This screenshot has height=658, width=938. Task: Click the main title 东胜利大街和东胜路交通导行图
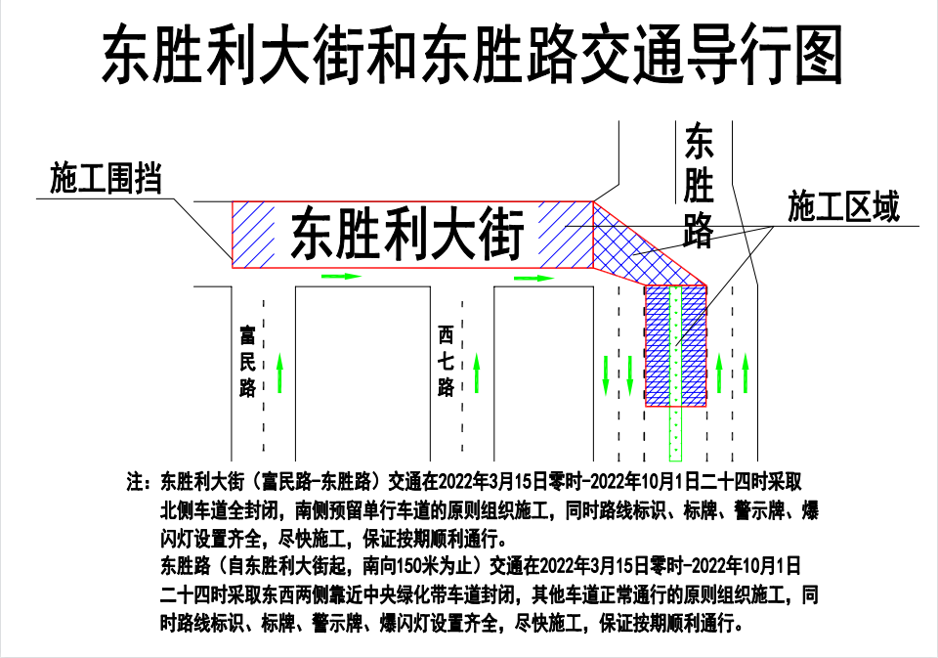[x=473, y=54]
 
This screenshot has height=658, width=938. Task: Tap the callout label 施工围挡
[x=106, y=178]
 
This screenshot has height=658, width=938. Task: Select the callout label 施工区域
[x=843, y=206]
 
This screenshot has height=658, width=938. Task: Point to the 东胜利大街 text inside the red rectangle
[x=406, y=234]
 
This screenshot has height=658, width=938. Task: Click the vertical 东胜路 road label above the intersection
[x=699, y=186]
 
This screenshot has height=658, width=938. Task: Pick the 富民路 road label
[x=247, y=362]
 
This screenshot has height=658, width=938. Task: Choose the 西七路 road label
[x=446, y=361]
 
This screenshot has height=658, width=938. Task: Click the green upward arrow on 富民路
[x=279, y=373]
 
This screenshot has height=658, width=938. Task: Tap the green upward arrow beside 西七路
[x=477, y=373]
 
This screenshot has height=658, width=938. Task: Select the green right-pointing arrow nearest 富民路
[x=342, y=276]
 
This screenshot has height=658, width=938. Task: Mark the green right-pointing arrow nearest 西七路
[x=534, y=278]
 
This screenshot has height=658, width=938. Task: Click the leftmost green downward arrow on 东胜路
[x=606, y=375]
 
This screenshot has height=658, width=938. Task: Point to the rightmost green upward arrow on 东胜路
[x=746, y=373]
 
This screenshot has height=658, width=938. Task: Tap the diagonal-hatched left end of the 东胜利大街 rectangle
[x=253, y=235]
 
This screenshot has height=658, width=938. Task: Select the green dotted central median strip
[x=675, y=373]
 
